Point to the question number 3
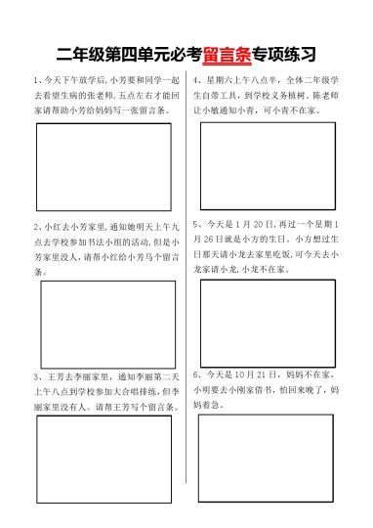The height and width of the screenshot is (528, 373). point(35,375)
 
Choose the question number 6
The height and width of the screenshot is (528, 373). point(196,374)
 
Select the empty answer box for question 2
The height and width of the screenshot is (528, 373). point(107,324)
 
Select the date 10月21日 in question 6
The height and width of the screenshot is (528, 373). point(256,374)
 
